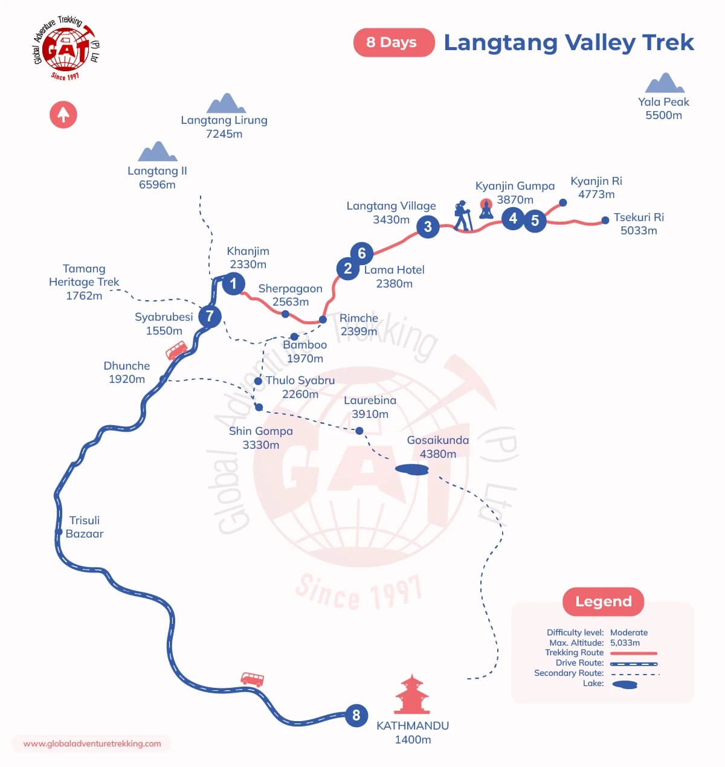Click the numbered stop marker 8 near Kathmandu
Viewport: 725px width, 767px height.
point(356,715)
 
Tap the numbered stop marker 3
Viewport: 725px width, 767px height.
point(428,226)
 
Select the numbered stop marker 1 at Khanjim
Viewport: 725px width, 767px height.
point(233,283)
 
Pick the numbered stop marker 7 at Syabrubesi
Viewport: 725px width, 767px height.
point(210,316)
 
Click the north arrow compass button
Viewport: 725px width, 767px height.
point(63,114)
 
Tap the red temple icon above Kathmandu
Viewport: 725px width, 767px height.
point(412,695)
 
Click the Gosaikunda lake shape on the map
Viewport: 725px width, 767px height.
point(412,469)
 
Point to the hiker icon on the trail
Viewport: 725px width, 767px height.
point(463,216)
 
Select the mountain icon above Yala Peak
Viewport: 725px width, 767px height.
point(665,83)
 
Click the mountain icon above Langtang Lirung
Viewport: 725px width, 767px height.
point(226,103)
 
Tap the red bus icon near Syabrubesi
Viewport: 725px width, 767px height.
point(176,350)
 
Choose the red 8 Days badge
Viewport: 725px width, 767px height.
point(393,42)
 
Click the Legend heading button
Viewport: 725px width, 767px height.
point(603,602)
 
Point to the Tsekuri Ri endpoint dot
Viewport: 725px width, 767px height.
point(605,220)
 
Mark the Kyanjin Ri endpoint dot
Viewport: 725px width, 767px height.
point(563,203)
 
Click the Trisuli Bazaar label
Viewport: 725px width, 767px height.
point(85,527)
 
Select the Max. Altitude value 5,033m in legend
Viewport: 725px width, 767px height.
point(625,643)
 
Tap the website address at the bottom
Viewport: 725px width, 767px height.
point(92,743)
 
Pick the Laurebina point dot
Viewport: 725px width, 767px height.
point(359,431)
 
